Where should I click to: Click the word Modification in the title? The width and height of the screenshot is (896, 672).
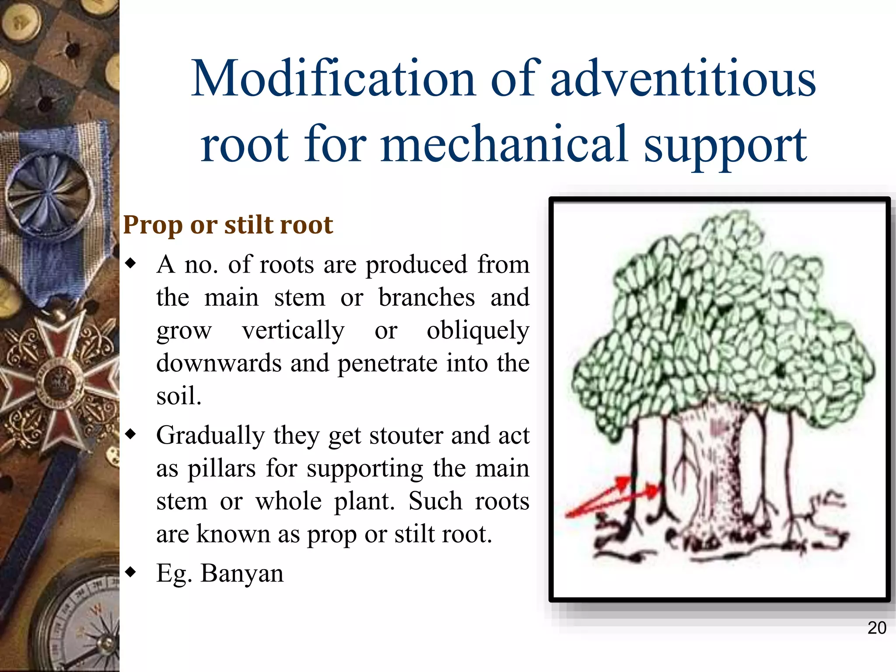[332, 79]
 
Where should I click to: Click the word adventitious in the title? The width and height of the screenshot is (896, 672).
[682, 79]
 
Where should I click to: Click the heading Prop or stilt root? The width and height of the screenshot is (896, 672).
[228, 225]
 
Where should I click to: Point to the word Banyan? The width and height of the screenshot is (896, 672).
[242, 573]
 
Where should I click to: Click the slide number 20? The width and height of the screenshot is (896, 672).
[876, 628]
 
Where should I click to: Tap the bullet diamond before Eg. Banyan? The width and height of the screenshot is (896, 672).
[130, 572]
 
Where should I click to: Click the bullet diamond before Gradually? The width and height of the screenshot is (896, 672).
[130, 434]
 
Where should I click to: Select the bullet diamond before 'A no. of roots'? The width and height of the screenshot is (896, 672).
[130, 263]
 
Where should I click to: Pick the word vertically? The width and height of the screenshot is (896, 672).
[293, 330]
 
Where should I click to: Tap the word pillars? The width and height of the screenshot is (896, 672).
[221, 468]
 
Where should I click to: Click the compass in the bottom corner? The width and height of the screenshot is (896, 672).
[83, 626]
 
